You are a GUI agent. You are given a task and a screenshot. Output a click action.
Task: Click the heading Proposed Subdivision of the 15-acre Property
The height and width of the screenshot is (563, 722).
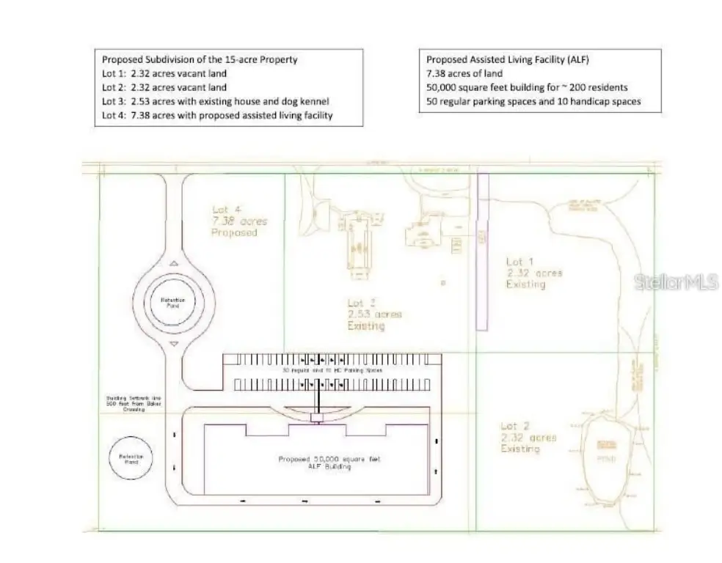[200, 59]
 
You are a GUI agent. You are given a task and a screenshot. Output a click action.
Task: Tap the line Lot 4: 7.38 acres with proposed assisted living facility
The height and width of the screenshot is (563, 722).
[218, 115]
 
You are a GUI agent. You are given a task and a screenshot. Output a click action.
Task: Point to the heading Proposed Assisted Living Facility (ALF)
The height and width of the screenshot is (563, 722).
[500, 59]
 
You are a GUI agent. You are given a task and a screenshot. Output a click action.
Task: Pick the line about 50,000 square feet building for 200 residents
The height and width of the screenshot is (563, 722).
[527, 87]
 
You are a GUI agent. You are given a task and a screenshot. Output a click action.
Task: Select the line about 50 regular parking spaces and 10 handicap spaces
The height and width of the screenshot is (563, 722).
[533, 101]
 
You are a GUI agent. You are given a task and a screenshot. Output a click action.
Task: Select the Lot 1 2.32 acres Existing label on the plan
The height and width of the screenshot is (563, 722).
[533, 273]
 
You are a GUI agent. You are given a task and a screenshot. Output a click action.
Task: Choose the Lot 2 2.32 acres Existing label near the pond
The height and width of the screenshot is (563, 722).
[528, 437]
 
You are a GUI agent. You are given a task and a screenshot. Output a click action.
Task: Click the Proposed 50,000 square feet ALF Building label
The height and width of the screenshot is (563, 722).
[329, 463]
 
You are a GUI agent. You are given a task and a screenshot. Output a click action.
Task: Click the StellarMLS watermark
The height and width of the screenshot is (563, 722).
[676, 281]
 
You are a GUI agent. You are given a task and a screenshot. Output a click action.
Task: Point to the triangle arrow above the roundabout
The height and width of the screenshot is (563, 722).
[173, 262]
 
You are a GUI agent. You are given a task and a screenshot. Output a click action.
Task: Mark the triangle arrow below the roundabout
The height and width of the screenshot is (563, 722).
[173, 343]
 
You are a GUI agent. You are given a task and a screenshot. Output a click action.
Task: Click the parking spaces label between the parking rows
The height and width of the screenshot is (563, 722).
[332, 372]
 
